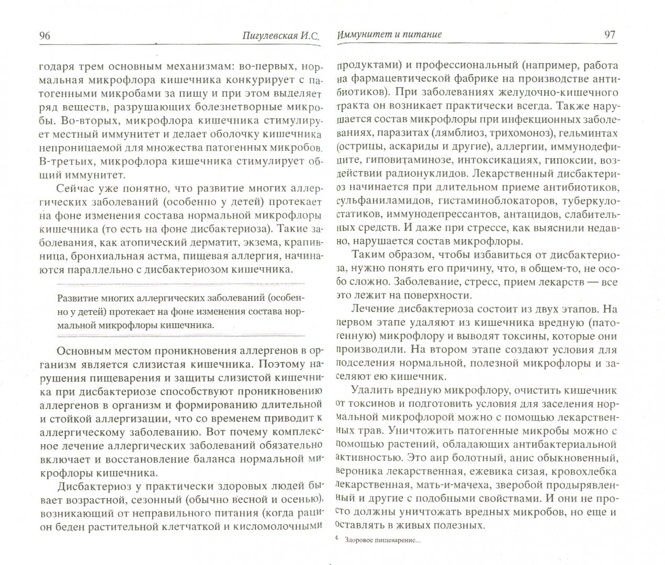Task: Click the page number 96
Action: click(44, 35)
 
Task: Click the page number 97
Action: click(610, 35)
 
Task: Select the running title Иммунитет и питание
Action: click(389, 35)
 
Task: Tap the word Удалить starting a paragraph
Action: click(372, 390)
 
